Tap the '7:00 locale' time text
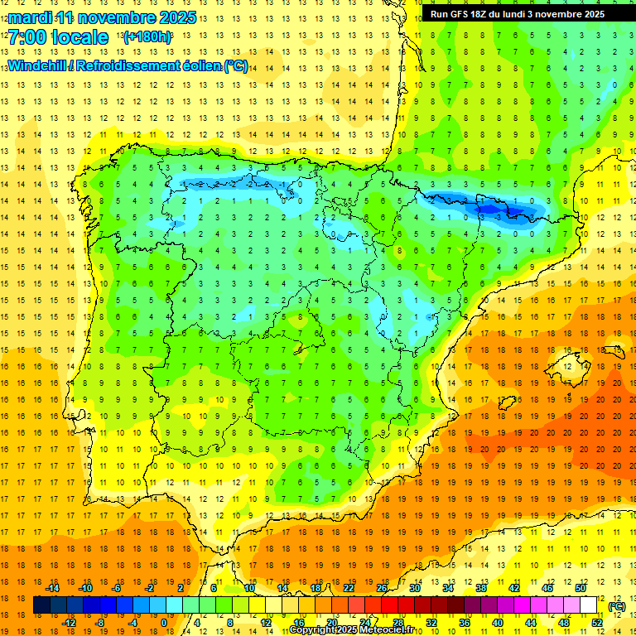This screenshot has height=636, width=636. click(x=58, y=37)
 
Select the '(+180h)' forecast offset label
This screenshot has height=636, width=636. click(x=147, y=37)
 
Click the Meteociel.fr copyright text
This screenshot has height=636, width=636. click(x=357, y=630)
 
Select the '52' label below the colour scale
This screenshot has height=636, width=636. click(x=597, y=623)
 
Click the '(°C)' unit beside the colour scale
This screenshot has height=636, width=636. click(x=617, y=606)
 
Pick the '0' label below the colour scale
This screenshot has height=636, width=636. click(x=164, y=623)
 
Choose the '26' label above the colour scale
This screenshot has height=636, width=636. click(x=382, y=588)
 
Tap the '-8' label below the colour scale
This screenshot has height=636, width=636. click(x=100, y=623)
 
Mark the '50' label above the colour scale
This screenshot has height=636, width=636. click(x=580, y=588)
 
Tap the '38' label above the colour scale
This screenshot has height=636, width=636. click(x=480, y=588)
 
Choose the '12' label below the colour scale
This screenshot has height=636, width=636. click(x=266, y=623)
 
